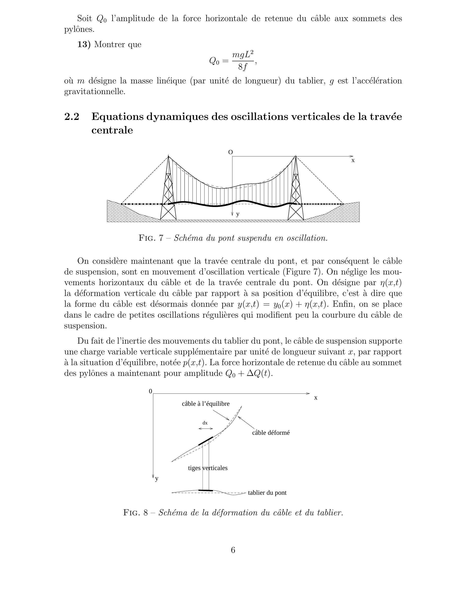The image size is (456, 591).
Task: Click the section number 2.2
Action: [72, 117]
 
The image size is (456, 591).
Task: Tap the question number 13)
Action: [84, 44]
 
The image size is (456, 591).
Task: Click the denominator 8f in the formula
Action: [242, 67]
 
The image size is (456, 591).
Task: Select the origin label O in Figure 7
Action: [230, 152]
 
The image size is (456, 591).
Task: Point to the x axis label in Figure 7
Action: [353, 161]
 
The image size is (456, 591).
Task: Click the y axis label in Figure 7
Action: [238, 214]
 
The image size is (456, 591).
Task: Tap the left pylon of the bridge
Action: [168, 189]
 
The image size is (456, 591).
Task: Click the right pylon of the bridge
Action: [296, 189]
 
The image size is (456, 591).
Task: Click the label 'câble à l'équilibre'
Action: [206, 404]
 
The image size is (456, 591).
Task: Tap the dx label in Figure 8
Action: [205, 423]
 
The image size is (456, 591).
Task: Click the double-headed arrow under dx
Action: [206, 429]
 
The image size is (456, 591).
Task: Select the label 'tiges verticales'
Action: [208, 468]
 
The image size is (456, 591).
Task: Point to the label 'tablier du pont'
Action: [267, 493]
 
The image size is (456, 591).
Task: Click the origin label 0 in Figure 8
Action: [150, 391]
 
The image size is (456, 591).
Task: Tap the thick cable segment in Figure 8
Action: [206, 441]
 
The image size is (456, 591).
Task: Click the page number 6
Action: [233, 550]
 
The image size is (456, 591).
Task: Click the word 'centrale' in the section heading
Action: [112, 130]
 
